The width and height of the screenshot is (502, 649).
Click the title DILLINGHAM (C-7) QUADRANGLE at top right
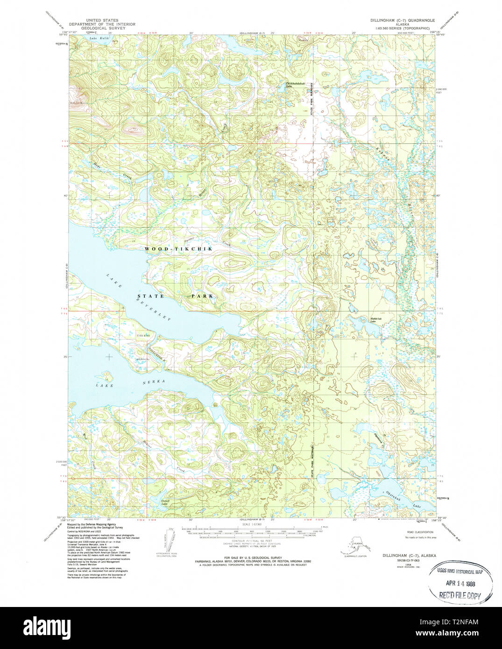pos(402,21)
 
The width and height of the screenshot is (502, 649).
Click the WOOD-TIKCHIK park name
pos(178,249)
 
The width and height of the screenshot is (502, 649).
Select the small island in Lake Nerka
pos(106,375)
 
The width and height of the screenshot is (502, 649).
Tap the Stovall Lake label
pos(164,502)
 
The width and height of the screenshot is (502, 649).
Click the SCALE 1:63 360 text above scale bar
pos(253,525)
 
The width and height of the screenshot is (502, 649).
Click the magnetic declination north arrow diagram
pos(170,539)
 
